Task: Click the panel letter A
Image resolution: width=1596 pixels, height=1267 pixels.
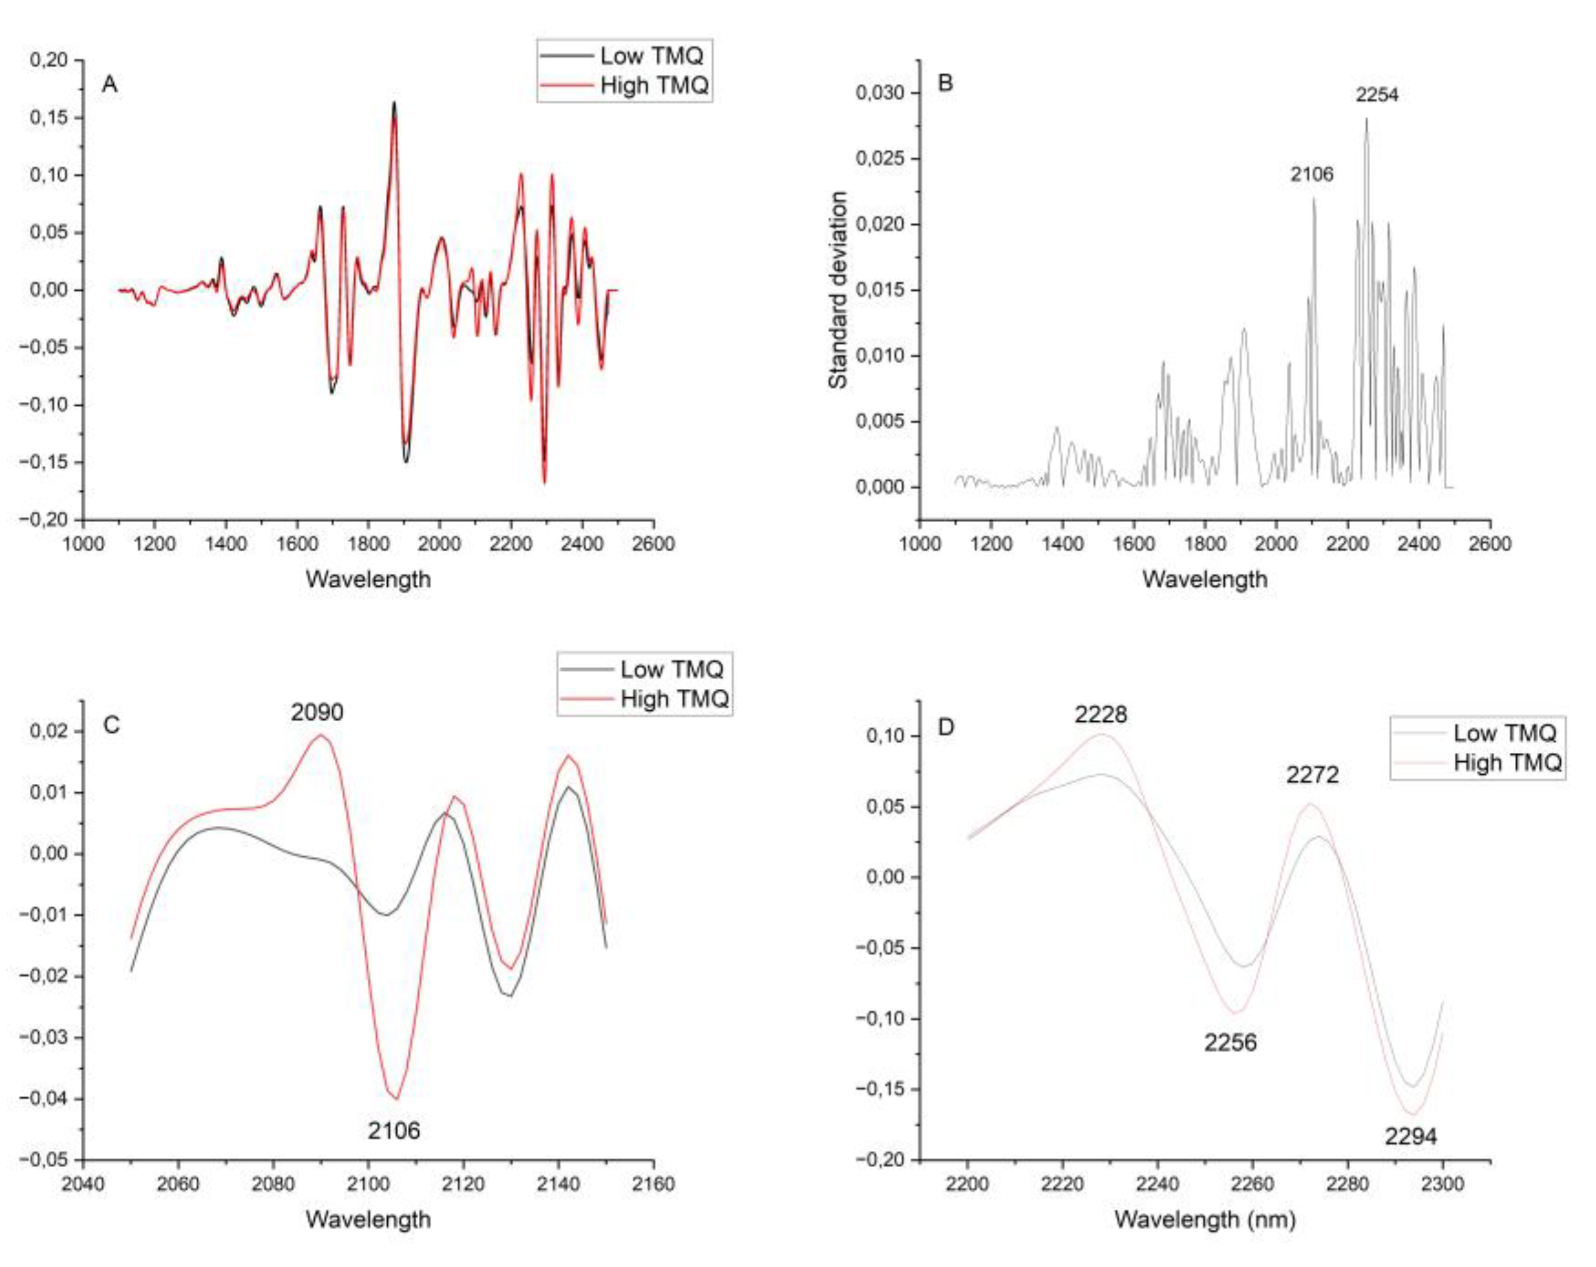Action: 110,85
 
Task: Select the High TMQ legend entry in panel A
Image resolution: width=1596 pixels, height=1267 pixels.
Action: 654,86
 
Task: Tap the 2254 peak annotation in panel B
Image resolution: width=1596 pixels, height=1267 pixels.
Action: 1377,95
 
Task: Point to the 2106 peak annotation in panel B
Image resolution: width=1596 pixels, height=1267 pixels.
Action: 1312,174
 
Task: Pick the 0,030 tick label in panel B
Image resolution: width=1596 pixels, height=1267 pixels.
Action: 880,92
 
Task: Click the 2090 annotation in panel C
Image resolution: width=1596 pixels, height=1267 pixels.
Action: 317,712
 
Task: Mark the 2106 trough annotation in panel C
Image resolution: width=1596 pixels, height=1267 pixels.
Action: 394,1130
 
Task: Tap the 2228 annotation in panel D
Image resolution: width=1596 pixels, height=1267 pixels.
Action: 1101,714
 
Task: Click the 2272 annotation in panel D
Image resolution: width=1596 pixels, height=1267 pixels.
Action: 1312,775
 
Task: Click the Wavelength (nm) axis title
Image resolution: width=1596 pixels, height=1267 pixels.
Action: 1205,1219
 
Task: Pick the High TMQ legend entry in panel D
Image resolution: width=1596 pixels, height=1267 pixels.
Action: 1507,763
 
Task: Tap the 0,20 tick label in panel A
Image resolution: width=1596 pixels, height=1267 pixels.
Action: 49,60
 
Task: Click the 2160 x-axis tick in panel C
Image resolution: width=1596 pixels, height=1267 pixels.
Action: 654,1184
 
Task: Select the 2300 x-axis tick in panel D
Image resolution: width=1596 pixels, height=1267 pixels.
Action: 1443,1184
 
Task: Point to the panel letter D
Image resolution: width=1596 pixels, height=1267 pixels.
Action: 946,727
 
